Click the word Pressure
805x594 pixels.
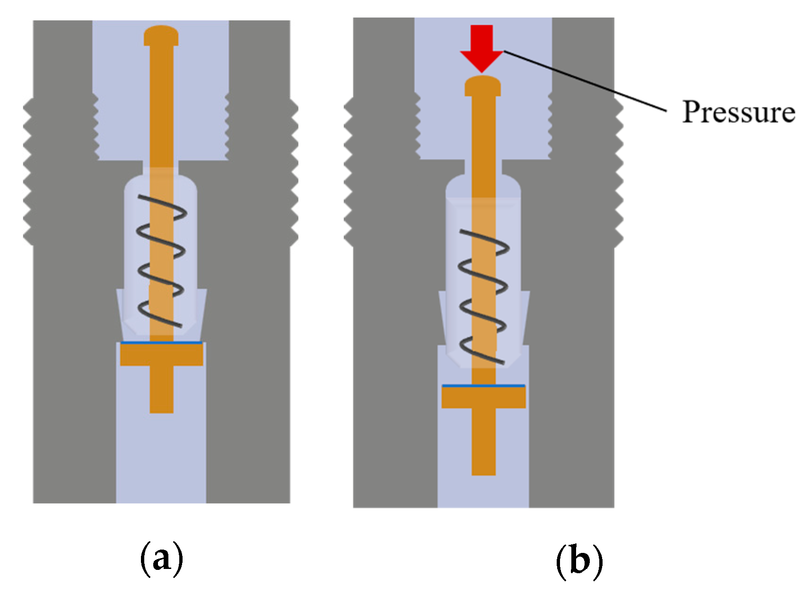[x=738, y=112]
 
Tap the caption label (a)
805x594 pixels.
[x=161, y=559]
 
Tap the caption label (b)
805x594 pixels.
[x=579, y=560]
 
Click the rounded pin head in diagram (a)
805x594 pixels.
[x=161, y=35]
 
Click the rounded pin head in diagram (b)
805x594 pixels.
[x=483, y=86]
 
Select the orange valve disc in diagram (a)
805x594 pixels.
[x=161, y=354]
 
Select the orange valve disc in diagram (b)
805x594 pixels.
[x=483, y=397]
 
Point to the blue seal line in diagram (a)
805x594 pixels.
[x=161, y=342]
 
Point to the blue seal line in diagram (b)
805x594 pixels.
[x=483, y=386]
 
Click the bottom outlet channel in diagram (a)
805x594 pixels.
[x=161, y=463]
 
